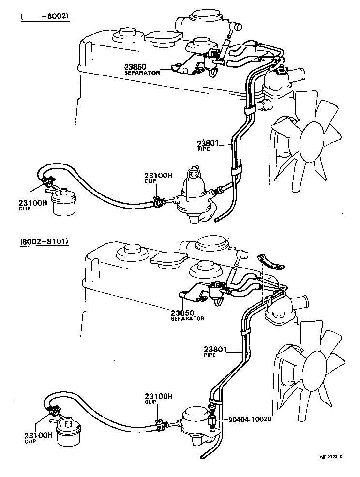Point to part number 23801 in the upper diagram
(208, 143)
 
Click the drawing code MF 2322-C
(331, 457)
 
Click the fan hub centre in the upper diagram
(312, 141)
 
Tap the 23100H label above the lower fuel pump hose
(158, 396)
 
